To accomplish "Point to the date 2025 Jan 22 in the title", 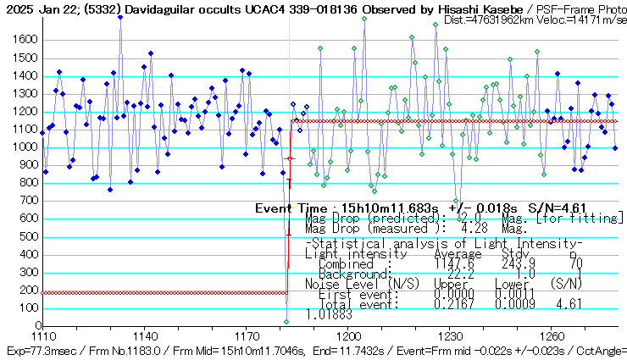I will [x=41, y=8].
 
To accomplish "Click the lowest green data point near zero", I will [x=286, y=322].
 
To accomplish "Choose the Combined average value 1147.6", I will [x=453, y=264].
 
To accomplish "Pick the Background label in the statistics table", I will [x=341, y=274].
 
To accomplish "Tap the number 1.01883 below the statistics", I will [x=329, y=313].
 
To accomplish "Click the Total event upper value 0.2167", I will [x=453, y=303].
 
